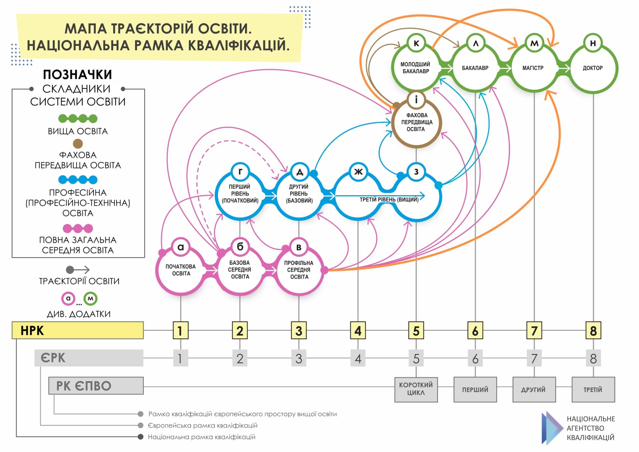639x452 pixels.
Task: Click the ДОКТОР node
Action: coord(593,68)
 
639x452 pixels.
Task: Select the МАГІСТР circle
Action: coord(533,68)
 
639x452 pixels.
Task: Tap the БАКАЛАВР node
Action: coord(475,68)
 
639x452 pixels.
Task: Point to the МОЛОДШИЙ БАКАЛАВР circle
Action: coord(415,68)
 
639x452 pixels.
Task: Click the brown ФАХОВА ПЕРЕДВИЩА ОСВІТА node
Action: coord(416,122)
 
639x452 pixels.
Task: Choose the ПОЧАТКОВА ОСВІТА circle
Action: coord(181,270)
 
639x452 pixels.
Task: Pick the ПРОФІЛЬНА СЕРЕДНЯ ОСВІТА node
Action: coord(299,270)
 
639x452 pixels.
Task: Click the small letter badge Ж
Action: coord(358,172)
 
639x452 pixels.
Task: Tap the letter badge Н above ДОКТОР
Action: coord(593,43)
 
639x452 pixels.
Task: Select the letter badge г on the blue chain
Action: coord(240,172)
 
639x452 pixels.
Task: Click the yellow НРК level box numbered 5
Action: coord(416,331)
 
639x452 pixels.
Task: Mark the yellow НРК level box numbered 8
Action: coord(593,331)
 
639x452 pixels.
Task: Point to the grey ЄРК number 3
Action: coord(299,358)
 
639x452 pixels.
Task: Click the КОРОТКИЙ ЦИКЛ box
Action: coord(416,389)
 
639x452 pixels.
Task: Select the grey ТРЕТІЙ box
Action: coord(593,389)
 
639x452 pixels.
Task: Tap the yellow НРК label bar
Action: coord(78,330)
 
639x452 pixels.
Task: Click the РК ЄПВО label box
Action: coord(96,386)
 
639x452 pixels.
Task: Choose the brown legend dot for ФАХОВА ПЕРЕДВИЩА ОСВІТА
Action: coord(78,144)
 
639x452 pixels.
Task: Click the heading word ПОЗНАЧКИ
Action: coord(78,75)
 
